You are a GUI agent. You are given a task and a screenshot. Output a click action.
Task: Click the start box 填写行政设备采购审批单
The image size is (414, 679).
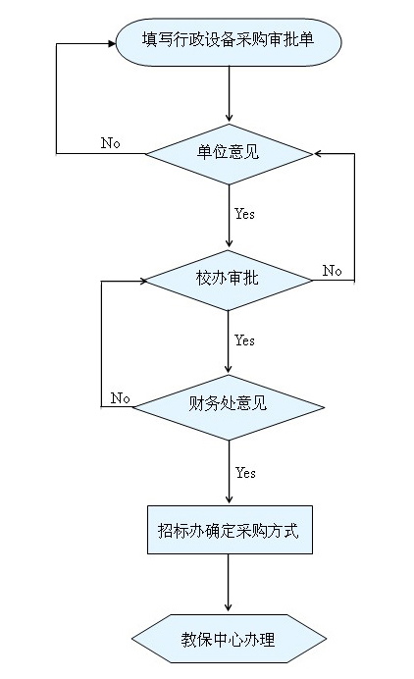pos(229,42)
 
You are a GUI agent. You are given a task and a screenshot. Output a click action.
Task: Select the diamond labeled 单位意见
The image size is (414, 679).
pos(229,154)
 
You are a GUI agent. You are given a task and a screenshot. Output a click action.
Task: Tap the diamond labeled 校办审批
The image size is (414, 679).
pos(229,281)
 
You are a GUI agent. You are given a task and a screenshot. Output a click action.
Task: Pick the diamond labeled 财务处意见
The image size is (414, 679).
pos(229,407)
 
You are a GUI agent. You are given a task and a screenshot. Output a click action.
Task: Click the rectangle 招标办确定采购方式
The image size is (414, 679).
pos(230,530)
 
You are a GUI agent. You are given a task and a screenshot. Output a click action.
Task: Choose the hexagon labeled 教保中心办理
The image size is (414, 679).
pos(229,639)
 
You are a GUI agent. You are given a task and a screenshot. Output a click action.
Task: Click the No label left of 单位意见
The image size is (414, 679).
pos(111,143)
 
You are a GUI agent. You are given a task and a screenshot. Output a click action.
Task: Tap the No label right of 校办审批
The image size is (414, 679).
pos(333,271)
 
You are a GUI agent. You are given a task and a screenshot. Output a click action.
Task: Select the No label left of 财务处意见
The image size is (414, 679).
pos(120,398)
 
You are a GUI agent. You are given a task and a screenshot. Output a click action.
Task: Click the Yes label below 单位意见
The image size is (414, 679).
pos(244,214)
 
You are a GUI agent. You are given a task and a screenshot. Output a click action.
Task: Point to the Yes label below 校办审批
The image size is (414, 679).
pos(244,340)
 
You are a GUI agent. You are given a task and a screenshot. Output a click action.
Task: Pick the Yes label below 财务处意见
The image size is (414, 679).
pos(245,473)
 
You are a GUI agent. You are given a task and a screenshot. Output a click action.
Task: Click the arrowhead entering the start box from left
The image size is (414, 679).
pos(112,43)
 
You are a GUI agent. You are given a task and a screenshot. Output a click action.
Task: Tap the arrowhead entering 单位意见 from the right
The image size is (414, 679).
pos(318,154)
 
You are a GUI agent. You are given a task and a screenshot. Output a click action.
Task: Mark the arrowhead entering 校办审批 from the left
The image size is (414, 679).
pos(144,281)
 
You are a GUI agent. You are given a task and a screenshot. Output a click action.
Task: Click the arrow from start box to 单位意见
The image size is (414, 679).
pos(229,94)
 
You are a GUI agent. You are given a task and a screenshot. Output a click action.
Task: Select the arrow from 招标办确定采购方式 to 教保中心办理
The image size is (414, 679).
pos(229,583)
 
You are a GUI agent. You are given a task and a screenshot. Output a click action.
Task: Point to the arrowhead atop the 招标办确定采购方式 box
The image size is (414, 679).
pos(230,498)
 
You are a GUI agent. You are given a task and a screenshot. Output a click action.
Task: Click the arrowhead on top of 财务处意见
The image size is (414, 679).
pos(229,369)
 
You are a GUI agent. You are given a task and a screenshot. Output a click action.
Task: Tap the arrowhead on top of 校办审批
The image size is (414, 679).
pos(229,243)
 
